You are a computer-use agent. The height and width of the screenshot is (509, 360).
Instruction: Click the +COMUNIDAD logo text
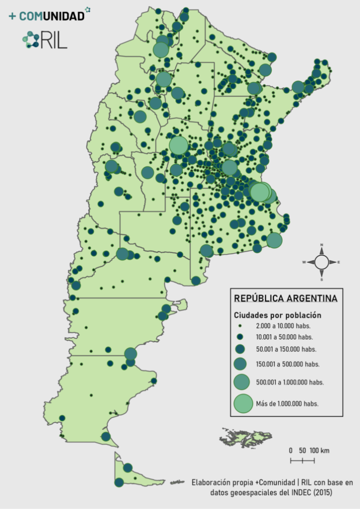pyautogui.click(x=46, y=16)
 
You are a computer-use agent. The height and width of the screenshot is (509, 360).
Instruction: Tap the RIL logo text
pyautogui.click(x=54, y=41)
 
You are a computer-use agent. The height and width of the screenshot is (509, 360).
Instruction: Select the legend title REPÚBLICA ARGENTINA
pyautogui.click(x=285, y=298)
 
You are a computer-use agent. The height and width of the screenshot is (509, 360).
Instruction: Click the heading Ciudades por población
pyautogui.click(x=277, y=315)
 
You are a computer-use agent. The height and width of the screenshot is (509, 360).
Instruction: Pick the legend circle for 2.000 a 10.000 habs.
pyautogui.click(x=240, y=325)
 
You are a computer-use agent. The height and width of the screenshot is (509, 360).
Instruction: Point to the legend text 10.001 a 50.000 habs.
pyautogui.click(x=284, y=336)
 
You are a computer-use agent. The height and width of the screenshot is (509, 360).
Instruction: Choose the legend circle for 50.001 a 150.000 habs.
pyautogui.click(x=240, y=349)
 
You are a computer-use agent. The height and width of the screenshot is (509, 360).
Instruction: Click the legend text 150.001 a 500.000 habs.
pyautogui.click(x=287, y=364)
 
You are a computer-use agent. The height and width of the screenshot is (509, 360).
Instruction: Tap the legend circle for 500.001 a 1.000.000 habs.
pyautogui.click(x=241, y=381)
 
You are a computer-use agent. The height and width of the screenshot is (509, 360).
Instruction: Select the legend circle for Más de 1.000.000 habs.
pyautogui.click(x=243, y=403)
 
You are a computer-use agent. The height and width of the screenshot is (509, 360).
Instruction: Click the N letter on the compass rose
pyautogui.click(x=321, y=245)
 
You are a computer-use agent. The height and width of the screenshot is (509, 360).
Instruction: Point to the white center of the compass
pyautogui.click(x=321, y=261)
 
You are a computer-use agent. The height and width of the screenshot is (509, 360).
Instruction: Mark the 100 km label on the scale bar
pyautogui.click(x=318, y=450)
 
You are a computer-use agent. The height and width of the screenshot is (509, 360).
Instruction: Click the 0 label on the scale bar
pyautogui.click(x=290, y=450)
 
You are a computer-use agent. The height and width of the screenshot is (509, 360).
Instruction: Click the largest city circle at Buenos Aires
pyautogui.click(x=259, y=192)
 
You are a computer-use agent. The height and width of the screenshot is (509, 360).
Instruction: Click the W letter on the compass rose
pyautogui.click(x=303, y=262)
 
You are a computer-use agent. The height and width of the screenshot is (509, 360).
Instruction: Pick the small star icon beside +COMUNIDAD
pyautogui.click(x=88, y=9)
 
